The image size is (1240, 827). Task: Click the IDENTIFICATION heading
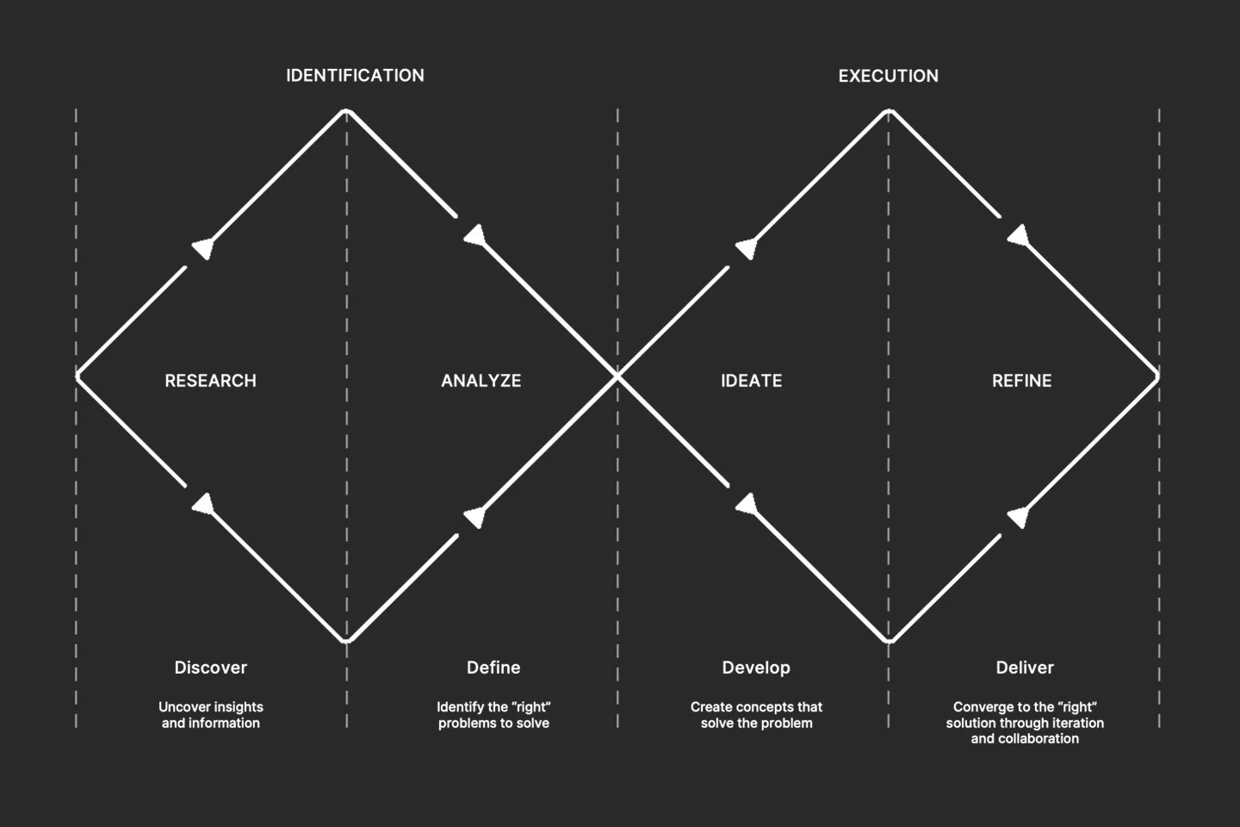355,76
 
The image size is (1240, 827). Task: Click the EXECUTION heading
888,76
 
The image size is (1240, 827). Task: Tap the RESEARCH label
210,381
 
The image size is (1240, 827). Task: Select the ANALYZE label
480,381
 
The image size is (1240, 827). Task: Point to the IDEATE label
751,381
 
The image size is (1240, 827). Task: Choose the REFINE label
1021,381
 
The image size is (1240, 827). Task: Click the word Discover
210,668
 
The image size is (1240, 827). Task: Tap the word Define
493,668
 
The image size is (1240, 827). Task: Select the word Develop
755,668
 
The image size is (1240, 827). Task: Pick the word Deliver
1025,668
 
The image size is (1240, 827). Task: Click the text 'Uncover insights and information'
210,715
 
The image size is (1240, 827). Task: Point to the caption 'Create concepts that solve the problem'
756,715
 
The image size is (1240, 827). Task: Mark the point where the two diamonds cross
617,376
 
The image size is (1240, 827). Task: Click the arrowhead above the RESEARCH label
203,248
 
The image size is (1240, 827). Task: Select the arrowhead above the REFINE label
1019,235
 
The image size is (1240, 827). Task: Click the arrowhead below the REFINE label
1019,517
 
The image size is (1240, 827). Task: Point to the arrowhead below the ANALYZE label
474,517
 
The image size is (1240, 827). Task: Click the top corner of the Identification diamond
346,111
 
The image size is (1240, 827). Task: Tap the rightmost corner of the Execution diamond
1157,376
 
